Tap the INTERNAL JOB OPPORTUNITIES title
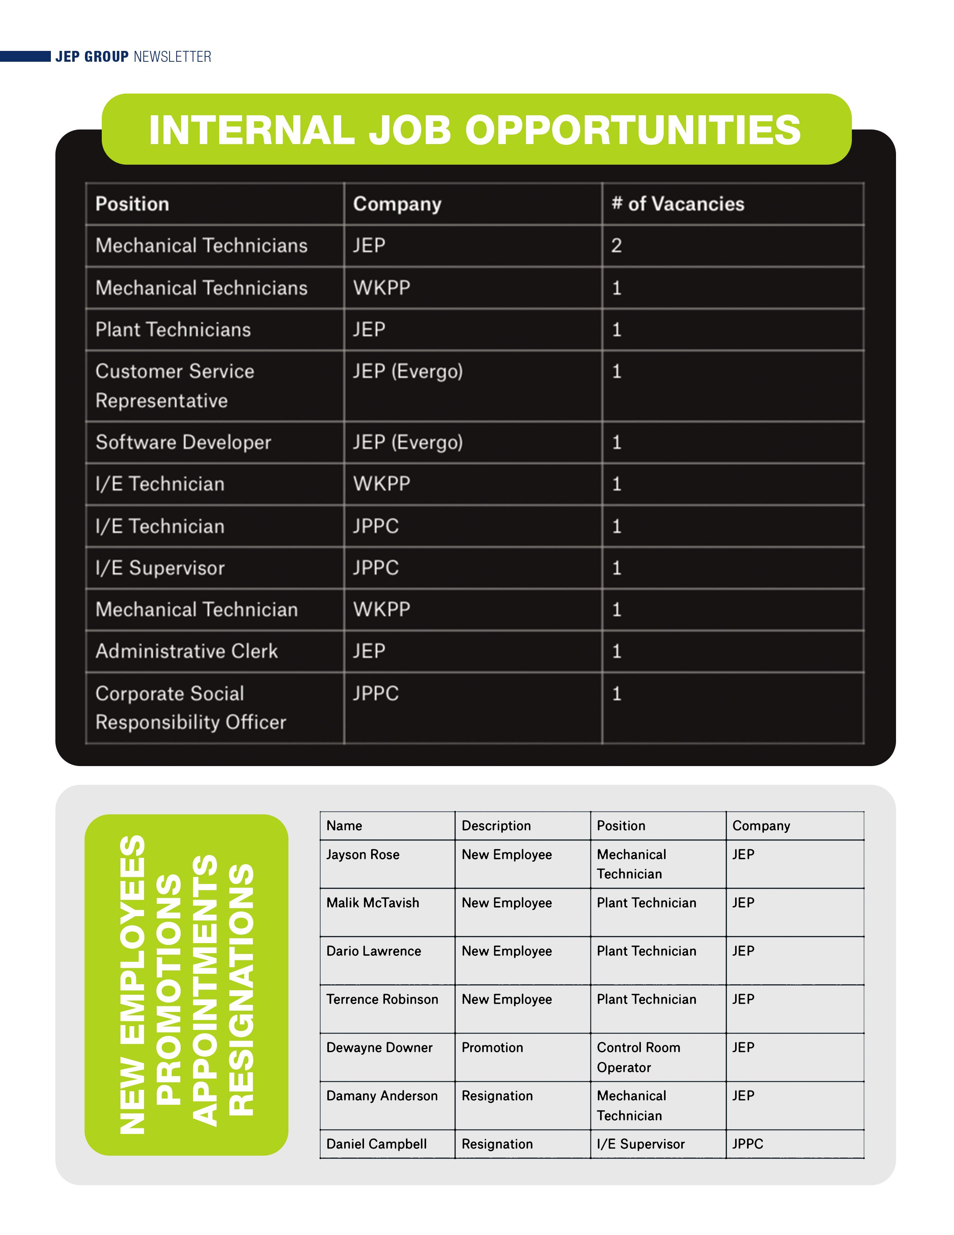point(475,130)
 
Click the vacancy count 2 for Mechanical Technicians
point(616,246)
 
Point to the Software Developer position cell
point(183,442)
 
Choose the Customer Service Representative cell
point(175,385)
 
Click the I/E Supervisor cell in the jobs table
point(160,568)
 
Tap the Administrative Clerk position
point(187,652)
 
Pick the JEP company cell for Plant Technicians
point(369,330)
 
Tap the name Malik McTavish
point(373,903)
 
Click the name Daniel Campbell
point(376,1144)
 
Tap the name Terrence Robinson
point(382,999)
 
